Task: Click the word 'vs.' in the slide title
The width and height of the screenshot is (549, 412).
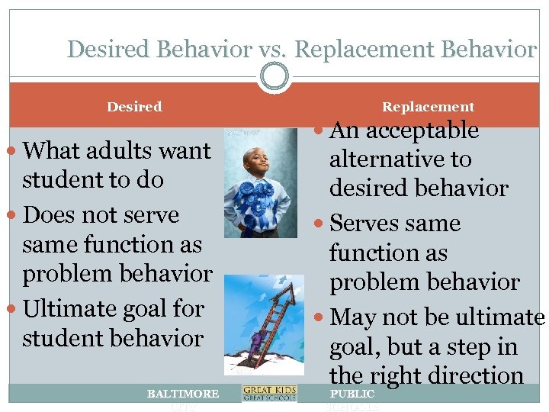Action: (271, 50)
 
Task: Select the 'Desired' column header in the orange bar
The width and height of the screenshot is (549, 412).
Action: (134, 107)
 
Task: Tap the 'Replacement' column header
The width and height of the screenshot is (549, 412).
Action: (428, 107)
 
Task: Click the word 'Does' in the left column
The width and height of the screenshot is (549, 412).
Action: (51, 215)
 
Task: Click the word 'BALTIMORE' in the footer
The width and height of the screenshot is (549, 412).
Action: (183, 394)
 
